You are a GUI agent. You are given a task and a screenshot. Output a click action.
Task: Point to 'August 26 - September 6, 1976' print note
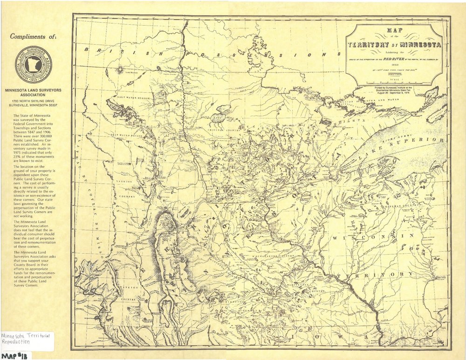[396, 93]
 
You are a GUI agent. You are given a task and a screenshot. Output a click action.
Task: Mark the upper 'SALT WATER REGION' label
[132, 98]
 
